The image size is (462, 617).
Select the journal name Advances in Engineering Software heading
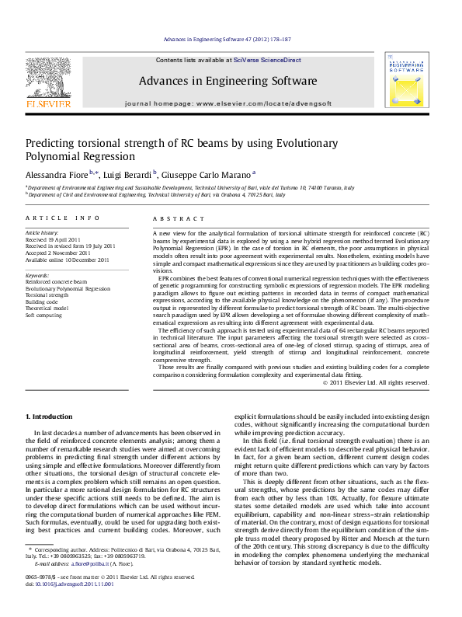(x=228, y=81)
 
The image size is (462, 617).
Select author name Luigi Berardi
(x=128, y=174)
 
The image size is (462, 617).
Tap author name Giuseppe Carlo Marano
(x=205, y=174)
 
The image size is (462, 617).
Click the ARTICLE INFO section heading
(x=63, y=219)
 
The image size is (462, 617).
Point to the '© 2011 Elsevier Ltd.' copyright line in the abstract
(x=376, y=382)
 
